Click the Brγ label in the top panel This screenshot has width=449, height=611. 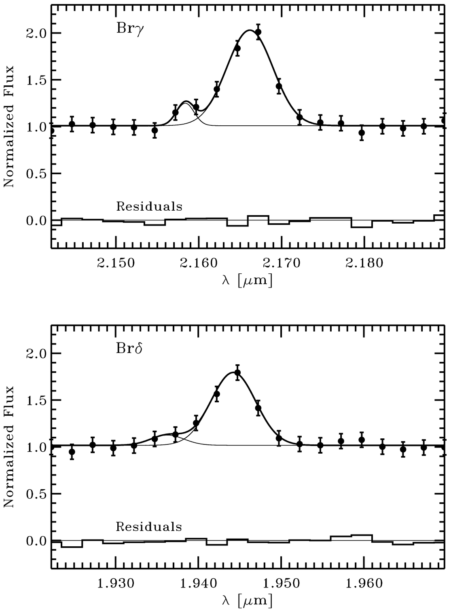[x=128, y=30]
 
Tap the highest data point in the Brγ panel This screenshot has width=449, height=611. [x=258, y=32]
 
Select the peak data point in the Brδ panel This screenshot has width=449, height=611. [x=237, y=372]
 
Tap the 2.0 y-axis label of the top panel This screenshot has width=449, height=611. [x=35, y=33]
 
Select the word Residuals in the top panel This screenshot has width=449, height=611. [x=149, y=206]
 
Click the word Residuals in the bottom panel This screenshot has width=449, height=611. [x=149, y=526]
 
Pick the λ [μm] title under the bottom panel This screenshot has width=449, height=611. [x=247, y=600]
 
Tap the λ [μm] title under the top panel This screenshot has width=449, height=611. [x=247, y=280]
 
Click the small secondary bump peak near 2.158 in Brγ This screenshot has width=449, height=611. [x=186, y=101]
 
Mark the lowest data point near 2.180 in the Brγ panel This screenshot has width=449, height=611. [x=362, y=133]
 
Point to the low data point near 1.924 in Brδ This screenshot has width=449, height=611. [x=72, y=452]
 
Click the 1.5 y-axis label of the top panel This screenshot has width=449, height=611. [x=35, y=80]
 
